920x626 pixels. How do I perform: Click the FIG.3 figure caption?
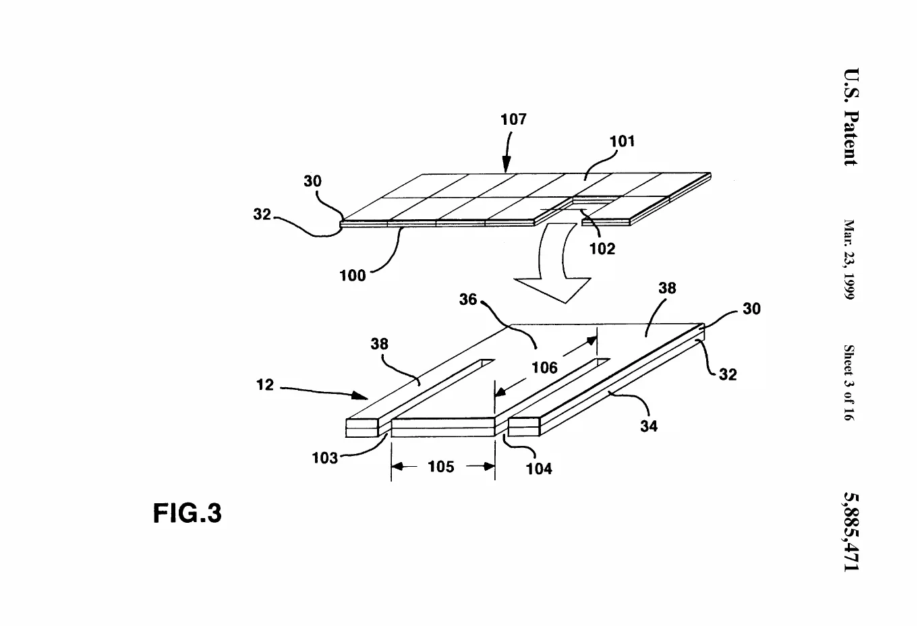coord(188,513)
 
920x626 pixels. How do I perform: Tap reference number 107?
coord(513,119)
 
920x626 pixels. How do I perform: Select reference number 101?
coord(622,141)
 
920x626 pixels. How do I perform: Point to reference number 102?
coord(602,248)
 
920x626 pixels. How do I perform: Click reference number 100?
coord(352,275)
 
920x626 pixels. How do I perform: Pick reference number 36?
coord(468,300)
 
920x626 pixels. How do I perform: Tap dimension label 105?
coord(441,467)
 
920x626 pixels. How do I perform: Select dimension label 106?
coord(544,367)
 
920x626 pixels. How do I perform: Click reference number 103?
coord(324,457)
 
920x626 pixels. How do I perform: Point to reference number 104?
coord(539,468)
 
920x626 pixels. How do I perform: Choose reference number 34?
coord(649,426)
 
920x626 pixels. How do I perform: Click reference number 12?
coord(265,385)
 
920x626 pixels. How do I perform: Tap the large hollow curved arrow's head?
coord(552,290)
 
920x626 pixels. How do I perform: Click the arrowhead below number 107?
coord(507,165)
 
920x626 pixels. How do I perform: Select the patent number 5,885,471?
coord(851,532)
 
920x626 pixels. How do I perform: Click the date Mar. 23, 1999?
coord(849,260)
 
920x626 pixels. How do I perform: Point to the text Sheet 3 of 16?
coord(849,382)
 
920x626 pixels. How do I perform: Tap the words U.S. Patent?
coord(851,117)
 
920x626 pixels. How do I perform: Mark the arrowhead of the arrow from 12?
coord(360,396)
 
